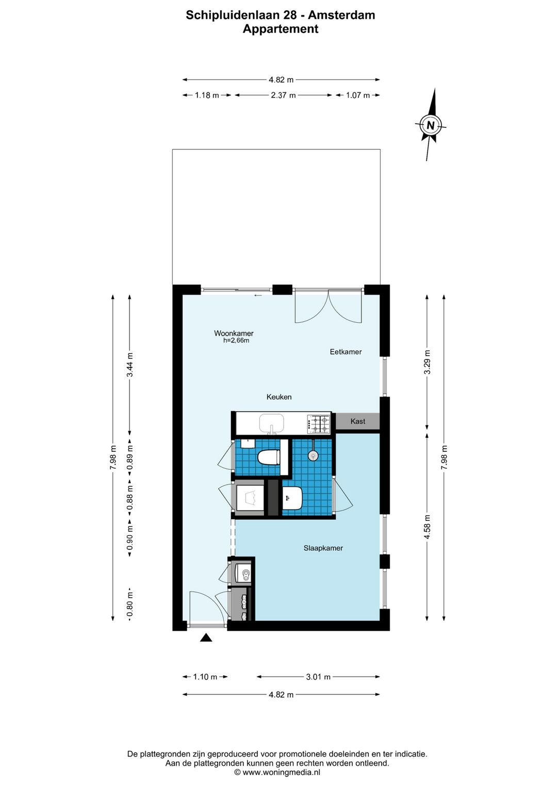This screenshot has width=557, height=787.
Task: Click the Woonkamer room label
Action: (234, 333)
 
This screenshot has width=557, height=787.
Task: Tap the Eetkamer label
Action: (346, 352)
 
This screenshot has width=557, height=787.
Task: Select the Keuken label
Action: (278, 397)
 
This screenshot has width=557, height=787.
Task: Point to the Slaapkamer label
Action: (323, 548)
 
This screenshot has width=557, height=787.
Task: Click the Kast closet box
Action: (357, 421)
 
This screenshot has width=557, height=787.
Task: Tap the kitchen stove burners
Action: (319, 424)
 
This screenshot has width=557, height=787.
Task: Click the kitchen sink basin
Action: (271, 423)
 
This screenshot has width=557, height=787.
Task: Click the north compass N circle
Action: (430, 125)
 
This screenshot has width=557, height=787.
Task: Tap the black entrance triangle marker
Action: (206, 637)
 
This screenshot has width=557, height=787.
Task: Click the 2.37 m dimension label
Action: (283, 95)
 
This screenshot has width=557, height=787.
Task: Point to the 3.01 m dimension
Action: (318, 677)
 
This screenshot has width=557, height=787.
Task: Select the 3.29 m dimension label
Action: (428, 363)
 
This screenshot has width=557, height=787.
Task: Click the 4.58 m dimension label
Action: (428, 527)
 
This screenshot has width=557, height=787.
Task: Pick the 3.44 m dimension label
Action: (129, 364)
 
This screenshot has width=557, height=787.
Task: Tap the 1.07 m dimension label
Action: (358, 95)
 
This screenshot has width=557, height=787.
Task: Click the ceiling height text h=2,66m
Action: (236, 340)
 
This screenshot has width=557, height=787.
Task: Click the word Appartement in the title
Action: (281, 29)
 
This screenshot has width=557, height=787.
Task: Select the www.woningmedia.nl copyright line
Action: (277, 772)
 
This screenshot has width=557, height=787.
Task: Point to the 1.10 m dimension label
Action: (205, 677)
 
